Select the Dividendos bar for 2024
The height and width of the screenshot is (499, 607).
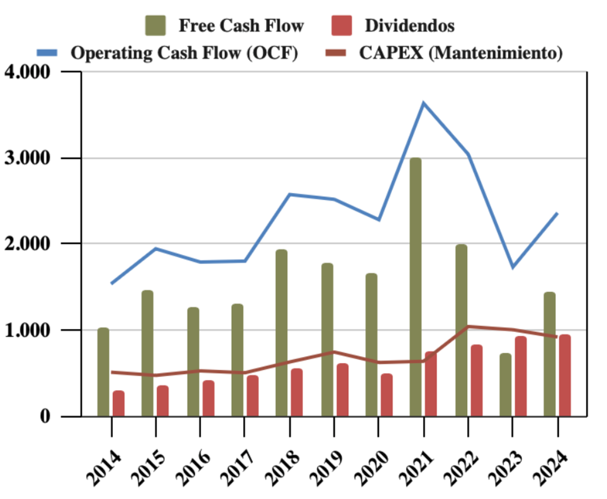(x=565, y=376)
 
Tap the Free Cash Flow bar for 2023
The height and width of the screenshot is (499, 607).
(x=506, y=385)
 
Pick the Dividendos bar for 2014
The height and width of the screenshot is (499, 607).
(x=118, y=404)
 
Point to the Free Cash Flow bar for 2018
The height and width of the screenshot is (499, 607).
(x=281, y=333)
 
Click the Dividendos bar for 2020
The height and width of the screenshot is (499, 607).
(x=387, y=395)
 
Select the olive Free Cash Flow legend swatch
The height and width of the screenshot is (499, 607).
(x=155, y=26)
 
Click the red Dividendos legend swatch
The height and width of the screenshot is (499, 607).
(x=341, y=26)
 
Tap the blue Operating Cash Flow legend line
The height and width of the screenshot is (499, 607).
(x=47, y=52)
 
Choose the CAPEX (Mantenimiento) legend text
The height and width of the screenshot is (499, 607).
(x=461, y=52)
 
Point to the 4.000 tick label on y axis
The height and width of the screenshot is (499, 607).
(x=27, y=72)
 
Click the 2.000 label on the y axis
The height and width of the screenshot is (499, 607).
(x=27, y=244)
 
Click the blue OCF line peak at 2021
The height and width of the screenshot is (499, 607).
(x=423, y=103)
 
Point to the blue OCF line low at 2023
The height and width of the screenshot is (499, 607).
(x=513, y=267)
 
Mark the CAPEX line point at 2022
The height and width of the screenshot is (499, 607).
(x=468, y=327)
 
